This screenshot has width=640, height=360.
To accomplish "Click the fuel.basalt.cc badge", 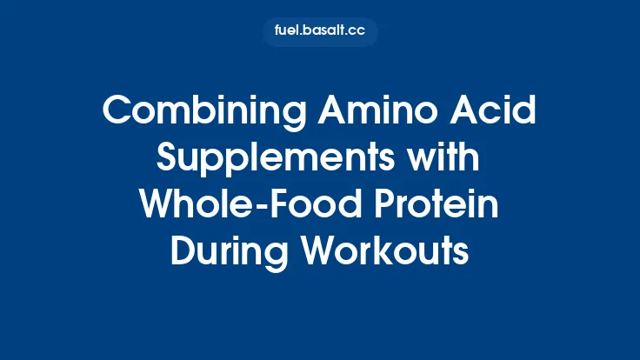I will pyautogui.click(x=320, y=32).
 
